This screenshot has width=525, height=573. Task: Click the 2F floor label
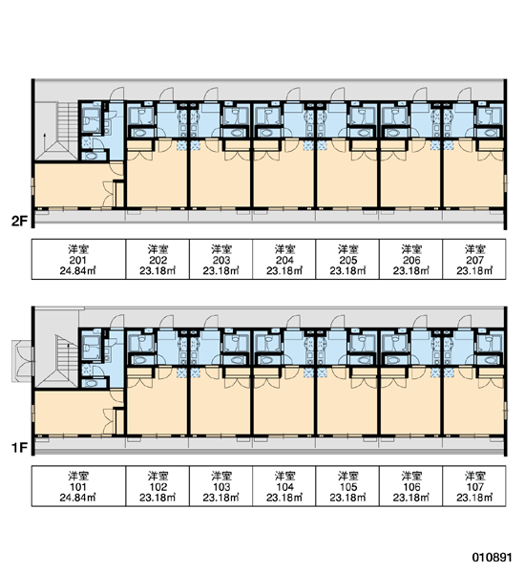click(19, 222)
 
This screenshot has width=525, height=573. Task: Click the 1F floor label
click(19, 448)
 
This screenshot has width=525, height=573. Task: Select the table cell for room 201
click(78, 260)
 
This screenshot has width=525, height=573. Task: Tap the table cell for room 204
click(284, 260)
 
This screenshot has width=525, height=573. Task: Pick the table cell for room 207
click(474, 260)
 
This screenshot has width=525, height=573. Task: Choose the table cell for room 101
click(78, 486)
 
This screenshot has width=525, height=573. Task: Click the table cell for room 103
click(221, 486)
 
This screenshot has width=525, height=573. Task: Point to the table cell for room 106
click(411, 486)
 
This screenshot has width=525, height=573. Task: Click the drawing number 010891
click(492, 558)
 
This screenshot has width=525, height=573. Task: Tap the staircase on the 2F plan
click(58, 131)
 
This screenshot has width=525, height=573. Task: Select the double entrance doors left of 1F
click(23, 361)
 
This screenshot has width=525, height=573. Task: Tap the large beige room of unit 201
click(73, 185)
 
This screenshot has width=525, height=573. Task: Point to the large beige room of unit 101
click(73, 413)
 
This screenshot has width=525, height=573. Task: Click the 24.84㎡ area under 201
click(78, 271)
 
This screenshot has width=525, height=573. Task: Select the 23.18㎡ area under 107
click(474, 498)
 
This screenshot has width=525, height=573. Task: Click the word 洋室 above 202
click(157, 249)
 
